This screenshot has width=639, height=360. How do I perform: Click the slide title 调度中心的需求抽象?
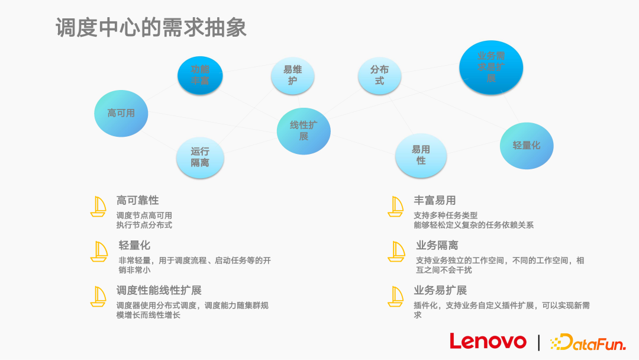click(x=151, y=28)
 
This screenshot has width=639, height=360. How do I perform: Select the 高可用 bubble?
click(x=121, y=113)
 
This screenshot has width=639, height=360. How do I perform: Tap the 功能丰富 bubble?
click(x=200, y=75)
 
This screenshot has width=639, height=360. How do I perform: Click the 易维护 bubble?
click(x=292, y=75)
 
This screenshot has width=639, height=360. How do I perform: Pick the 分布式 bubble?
click(x=379, y=75)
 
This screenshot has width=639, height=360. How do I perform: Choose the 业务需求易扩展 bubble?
click(x=491, y=67)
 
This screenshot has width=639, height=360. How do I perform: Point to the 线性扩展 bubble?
click(x=304, y=131)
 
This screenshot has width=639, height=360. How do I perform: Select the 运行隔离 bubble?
click(x=200, y=157)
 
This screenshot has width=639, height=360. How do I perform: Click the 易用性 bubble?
click(x=421, y=155)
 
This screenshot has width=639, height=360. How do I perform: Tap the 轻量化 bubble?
click(x=526, y=145)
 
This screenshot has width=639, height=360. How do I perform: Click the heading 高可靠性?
click(x=137, y=201)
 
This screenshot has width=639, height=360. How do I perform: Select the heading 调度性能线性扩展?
click(x=159, y=291)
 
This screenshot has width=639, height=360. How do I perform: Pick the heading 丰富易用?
click(x=434, y=201)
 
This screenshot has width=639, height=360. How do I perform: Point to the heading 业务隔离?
click(x=437, y=246)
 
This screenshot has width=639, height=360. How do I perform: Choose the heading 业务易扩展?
click(x=441, y=291)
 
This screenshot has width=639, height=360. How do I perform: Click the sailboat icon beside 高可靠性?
click(x=98, y=206)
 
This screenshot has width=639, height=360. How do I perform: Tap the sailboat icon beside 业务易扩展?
click(x=396, y=296)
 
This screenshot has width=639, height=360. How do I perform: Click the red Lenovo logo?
click(x=488, y=342)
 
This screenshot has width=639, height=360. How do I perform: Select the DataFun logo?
click(x=587, y=342)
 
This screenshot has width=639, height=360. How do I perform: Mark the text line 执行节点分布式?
click(x=144, y=225)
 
